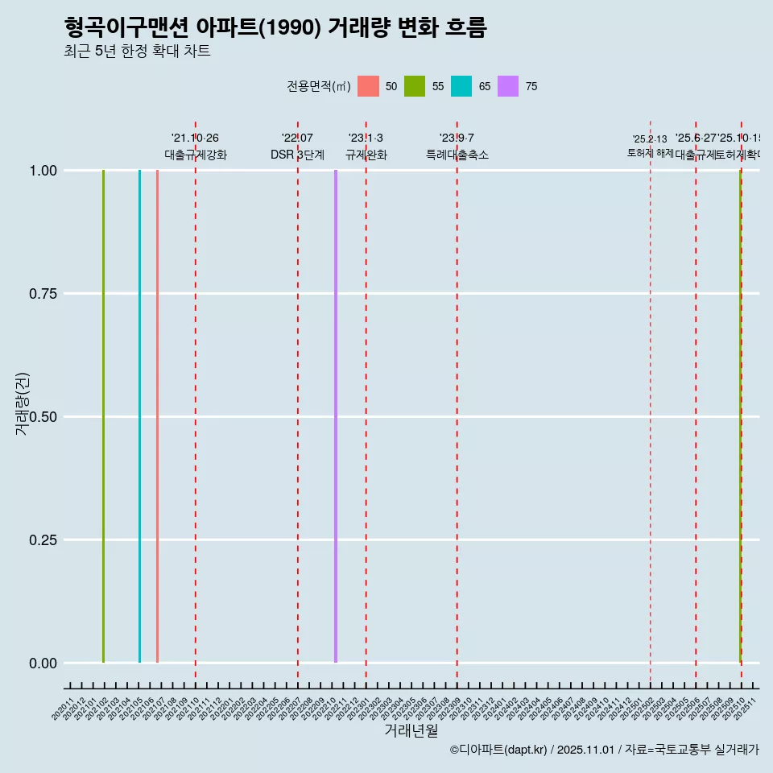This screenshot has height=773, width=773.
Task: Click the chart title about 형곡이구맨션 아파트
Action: pos(275,27)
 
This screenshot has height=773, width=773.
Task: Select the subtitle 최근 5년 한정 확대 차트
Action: pos(137,52)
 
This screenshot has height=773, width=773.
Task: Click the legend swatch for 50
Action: pos(368,86)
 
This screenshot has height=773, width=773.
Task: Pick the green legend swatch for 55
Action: pos(415,86)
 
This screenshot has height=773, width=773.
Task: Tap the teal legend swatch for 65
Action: pos(461,86)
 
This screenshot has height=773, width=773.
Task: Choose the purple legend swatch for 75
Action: pos(508,86)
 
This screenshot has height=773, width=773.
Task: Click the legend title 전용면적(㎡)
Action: pos(318,86)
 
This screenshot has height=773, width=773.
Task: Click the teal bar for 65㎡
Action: pos(139,416)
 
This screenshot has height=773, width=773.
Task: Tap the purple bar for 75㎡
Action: pos(336,416)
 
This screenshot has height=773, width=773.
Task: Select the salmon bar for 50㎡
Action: pos(157,416)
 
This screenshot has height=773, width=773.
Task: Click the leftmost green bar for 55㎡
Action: pos(103,416)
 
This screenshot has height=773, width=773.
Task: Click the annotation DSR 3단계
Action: pos(297,155)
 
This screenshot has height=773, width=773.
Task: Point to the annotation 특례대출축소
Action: pos(457,155)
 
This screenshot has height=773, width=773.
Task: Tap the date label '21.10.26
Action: pos(195,138)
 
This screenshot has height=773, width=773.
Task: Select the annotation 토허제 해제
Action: pos(650,153)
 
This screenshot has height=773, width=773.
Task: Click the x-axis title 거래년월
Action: pos(411,731)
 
